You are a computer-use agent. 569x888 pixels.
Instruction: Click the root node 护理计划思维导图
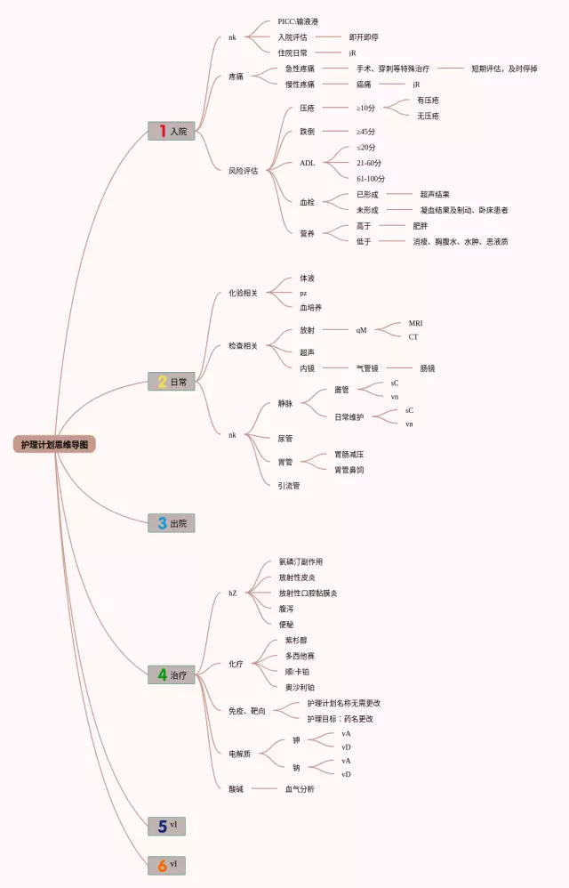point(53,444)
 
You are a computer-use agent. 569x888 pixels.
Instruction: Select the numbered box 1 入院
point(172,131)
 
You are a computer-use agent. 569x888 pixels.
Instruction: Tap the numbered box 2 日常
point(172,382)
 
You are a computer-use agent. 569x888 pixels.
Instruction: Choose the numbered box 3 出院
point(172,523)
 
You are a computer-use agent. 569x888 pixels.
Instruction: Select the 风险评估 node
point(244,170)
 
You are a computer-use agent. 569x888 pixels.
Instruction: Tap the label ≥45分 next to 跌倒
point(365,132)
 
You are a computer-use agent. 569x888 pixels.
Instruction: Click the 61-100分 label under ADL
point(370,179)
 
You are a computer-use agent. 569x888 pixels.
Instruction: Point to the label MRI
point(416,322)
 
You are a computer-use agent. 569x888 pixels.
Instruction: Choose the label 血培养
point(310,307)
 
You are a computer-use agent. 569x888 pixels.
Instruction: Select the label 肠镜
point(428,367)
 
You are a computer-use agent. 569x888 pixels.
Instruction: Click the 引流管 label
point(289,486)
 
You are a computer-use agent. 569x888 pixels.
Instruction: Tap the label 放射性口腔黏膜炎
point(308,593)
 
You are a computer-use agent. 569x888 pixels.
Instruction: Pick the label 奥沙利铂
point(299,687)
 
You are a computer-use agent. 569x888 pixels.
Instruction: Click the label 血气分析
point(300,789)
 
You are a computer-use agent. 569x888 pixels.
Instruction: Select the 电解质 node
point(240,754)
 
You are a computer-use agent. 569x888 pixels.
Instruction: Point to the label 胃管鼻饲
point(349,470)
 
